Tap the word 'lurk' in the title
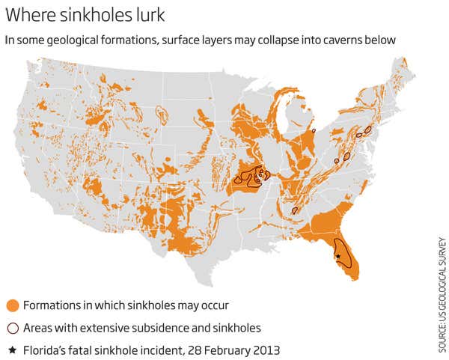point(165,15)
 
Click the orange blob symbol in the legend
point(12,305)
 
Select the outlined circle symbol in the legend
point(12,328)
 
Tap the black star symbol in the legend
point(12,350)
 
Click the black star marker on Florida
point(338,257)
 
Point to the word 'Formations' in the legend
point(53,305)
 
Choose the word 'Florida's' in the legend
point(46,350)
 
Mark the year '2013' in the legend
point(266,350)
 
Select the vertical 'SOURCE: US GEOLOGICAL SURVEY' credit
point(442,296)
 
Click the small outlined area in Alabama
point(296,210)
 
